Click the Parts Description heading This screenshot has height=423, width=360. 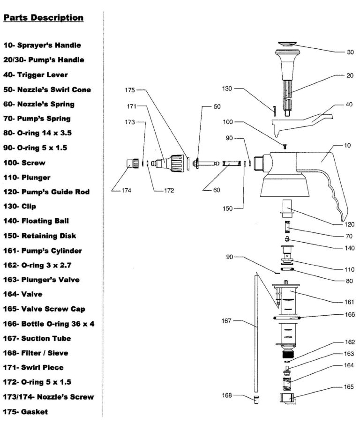point(44,18)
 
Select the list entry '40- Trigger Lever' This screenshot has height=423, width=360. point(36,74)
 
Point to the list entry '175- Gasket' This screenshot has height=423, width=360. point(26,412)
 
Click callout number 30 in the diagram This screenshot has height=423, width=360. point(350,52)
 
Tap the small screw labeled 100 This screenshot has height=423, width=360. point(285,147)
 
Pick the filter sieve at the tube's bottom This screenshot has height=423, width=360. point(256,400)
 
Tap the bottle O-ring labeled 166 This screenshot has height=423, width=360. point(289,318)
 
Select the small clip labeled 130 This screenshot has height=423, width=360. point(274,110)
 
